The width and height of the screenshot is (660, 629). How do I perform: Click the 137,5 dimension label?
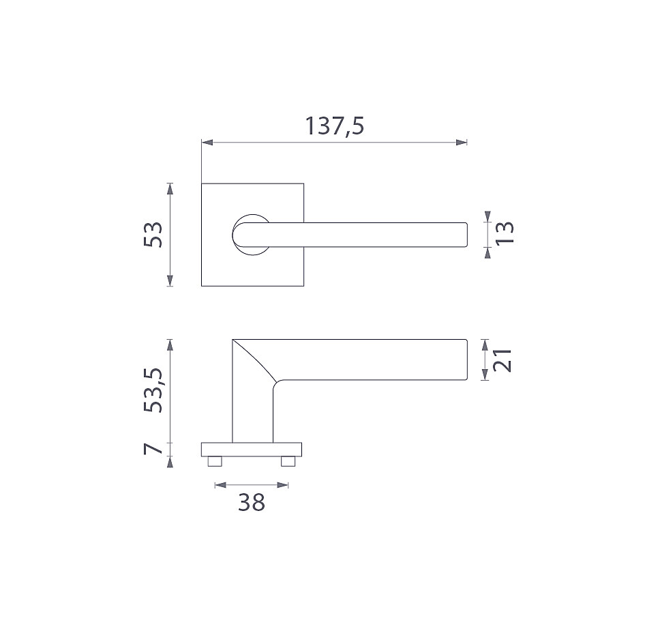pos(334,126)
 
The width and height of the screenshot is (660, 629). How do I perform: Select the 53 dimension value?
pos(153,235)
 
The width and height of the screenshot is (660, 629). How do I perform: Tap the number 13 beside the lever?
pos(505,233)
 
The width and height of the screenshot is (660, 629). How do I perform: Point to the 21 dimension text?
pos(502,360)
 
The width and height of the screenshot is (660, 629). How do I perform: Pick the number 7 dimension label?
pos(153,448)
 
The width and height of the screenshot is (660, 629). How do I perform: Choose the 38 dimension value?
pos(252,502)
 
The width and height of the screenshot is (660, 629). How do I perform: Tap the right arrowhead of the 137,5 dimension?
pos(462,143)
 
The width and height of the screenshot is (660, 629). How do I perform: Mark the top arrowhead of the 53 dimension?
pos(170,188)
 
